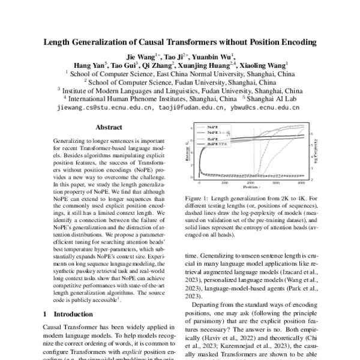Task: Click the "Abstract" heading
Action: tap(109, 127)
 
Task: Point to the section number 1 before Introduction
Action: tap(45, 313)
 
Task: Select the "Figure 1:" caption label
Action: tap(197, 198)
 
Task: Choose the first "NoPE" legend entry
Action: tap(212, 128)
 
